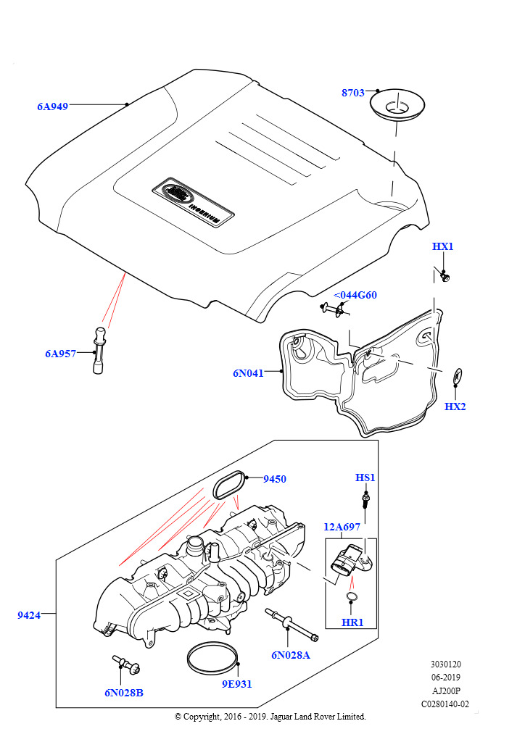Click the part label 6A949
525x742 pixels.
[x=52, y=107]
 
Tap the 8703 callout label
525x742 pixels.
[x=353, y=93]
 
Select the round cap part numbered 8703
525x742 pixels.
[x=397, y=106]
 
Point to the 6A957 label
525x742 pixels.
[x=60, y=354]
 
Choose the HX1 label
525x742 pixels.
[x=442, y=246]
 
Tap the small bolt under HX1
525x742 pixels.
[x=445, y=276]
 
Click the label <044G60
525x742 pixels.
[x=355, y=295]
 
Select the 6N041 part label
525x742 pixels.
[x=248, y=373]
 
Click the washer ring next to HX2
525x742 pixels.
[x=458, y=375]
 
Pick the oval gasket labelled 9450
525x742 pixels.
[x=229, y=484]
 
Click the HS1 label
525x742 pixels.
[x=365, y=478]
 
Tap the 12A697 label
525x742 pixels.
[x=342, y=527]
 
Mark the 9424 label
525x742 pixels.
[x=29, y=615]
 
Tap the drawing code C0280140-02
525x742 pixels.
[x=445, y=704]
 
